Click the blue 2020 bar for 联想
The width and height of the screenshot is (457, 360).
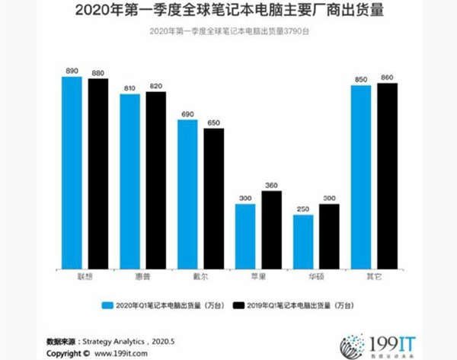point(72,171)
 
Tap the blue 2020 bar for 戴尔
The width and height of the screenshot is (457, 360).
point(187,193)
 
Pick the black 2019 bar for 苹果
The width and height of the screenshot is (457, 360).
point(271,228)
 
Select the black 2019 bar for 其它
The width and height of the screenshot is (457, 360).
point(387,175)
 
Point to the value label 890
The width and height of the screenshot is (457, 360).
point(72,71)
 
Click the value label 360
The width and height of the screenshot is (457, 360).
point(271,185)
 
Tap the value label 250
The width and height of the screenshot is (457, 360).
point(303,209)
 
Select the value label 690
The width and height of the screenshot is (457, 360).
point(187,114)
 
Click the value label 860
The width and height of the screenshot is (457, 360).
point(387,78)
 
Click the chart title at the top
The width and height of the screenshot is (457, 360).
point(229,11)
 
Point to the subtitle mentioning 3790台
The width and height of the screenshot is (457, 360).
point(229,30)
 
